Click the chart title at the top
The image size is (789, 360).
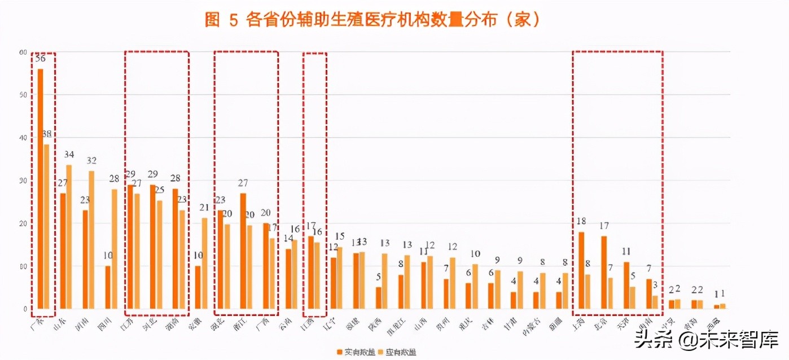pos(373,20)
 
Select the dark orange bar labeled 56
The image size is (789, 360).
pos(40,188)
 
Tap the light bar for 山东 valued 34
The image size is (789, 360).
pos(69,236)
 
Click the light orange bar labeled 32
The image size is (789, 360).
pos(91,240)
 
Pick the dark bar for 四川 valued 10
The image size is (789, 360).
pos(108,287)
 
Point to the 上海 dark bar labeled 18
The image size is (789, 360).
pos(581,270)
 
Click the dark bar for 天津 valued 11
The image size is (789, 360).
pos(626,285)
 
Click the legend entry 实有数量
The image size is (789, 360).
pos(353,352)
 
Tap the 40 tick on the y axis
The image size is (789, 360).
pos(23,138)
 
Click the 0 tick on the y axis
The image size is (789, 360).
pos(25,309)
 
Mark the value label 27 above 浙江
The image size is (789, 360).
pos(243,183)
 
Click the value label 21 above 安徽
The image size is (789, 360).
pos(204,208)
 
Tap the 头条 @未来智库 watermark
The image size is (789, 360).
pos(705,340)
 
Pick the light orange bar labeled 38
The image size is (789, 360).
pos(46,226)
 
